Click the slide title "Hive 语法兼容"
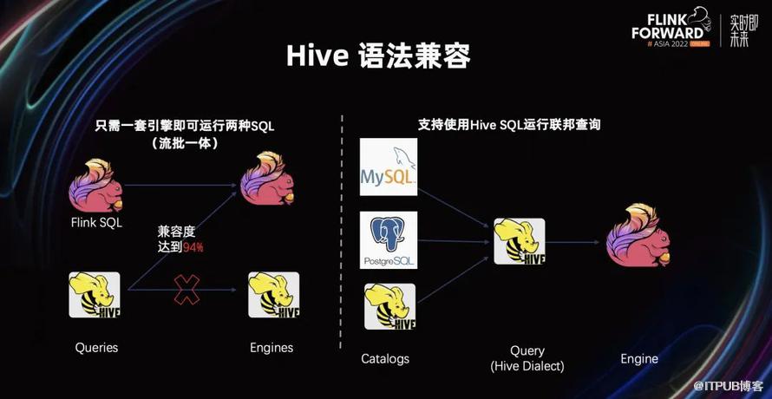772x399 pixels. [378, 56]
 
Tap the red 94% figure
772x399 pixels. [193, 248]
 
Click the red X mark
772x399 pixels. [187, 290]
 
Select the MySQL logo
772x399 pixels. [389, 167]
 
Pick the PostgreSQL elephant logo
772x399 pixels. [389, 240]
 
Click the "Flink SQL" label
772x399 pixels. [96, 223]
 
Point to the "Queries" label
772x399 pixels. [96, 348]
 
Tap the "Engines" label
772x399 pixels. [272, 348]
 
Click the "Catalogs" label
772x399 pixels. [385, 358]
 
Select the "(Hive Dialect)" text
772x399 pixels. [527, 367]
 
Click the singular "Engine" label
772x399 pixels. [639, 359]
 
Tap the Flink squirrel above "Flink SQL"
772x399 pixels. [95, 186]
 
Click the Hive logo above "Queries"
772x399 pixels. [94, 295]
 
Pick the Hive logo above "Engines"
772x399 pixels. [274, 295]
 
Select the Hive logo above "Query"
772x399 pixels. [520, 241]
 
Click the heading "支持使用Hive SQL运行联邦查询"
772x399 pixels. [509, 125]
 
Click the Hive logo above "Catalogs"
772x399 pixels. [390, 306]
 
